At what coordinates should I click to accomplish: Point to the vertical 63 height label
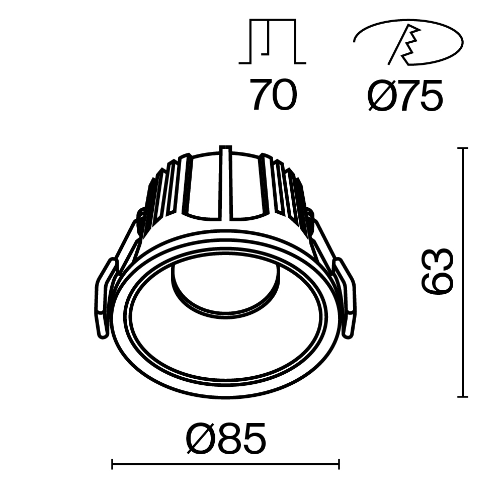(x=437, y=272)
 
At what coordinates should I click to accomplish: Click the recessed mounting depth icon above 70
(x=272, y=43)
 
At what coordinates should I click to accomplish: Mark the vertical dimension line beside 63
(x=463, y=272)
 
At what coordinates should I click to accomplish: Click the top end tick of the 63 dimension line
(x=463, y=148)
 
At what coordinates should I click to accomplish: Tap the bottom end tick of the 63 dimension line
(x=463, y=397)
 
